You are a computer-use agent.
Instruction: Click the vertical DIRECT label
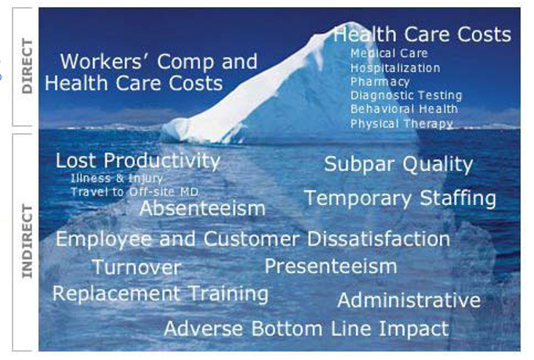pos(27,67)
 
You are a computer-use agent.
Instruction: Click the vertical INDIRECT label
pos(27,242)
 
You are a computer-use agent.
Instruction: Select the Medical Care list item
pos(389,53)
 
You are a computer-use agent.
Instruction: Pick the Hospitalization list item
pos(395,68)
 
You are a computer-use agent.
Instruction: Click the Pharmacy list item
pos(380,82)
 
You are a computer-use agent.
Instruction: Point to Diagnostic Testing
pos(406,96)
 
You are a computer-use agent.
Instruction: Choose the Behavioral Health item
pos(405,109)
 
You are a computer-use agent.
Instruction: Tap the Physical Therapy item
pos(401,124)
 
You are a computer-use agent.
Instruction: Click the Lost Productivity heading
pos(138,161)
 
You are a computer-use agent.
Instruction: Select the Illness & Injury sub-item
pos(117,178)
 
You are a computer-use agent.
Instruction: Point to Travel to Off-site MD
pos(135,192)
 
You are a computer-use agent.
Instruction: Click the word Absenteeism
pos(202,208)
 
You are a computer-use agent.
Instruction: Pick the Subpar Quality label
pos(398,165)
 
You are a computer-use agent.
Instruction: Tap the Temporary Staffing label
pos(400,198)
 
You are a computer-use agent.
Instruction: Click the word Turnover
pos(136,267)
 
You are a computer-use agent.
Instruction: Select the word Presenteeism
pos(331,266)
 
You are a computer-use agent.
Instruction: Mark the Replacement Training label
pos(161,294)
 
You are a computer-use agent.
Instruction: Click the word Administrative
pos(409,300)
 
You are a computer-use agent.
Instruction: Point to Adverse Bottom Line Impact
pos(307,329)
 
